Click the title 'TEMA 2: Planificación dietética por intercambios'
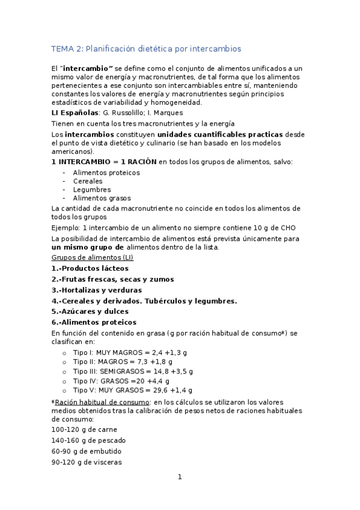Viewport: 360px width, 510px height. click(146, 49)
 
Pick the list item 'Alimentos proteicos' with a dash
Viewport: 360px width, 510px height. click(106, 173)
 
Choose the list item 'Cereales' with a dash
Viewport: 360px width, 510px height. click(88, 181)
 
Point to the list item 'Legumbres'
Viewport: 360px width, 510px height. click(91, 189)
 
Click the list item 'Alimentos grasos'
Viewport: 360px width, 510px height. click(102, 198)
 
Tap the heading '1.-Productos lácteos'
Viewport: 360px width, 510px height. click(90, 268)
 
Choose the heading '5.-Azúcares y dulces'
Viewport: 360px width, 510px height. click(90, 312)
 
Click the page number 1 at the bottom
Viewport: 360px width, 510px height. click(180, 478)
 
